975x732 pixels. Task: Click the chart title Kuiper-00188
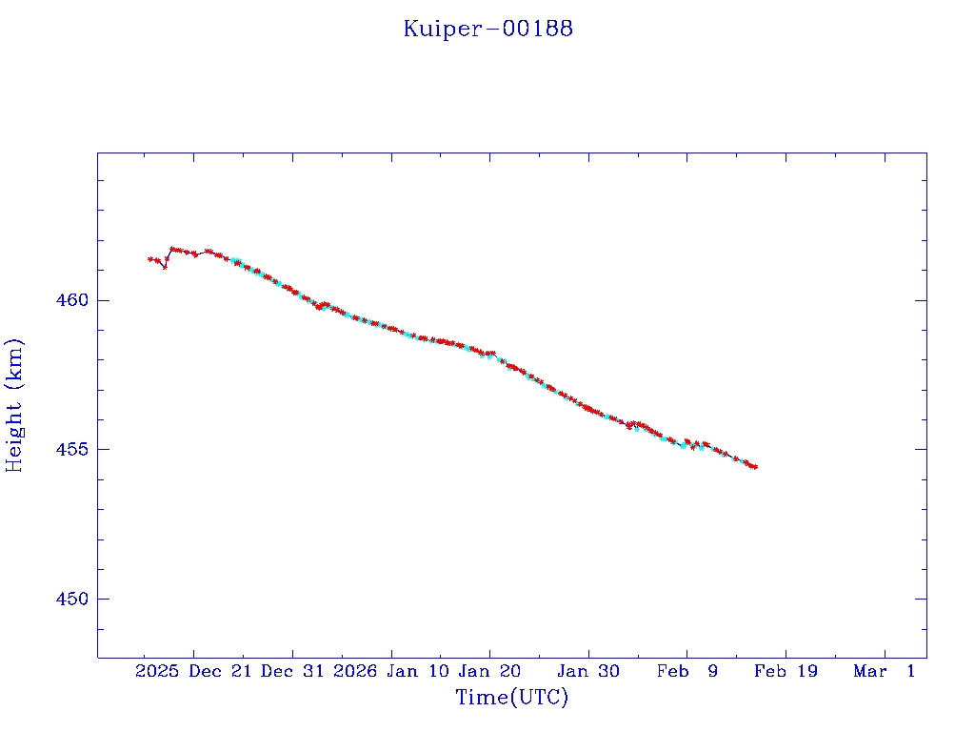[x=487, y=29]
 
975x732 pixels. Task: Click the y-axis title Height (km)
[x=14, y=405]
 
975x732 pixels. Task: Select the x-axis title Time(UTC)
[x=512, y=698]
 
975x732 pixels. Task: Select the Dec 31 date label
[x=292, y=672]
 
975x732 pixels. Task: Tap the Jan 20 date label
[x=489, y=672]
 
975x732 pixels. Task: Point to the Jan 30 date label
[x=588, y=672]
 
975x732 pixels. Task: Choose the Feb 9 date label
[x=687, y=672]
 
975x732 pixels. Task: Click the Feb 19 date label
[x=786, y=672]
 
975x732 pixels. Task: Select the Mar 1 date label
[x=885, y=672]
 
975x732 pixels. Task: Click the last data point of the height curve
[x=755, y=467]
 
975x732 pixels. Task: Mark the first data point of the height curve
[x=149, y=258]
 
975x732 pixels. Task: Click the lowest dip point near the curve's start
[x=165, y=267]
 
